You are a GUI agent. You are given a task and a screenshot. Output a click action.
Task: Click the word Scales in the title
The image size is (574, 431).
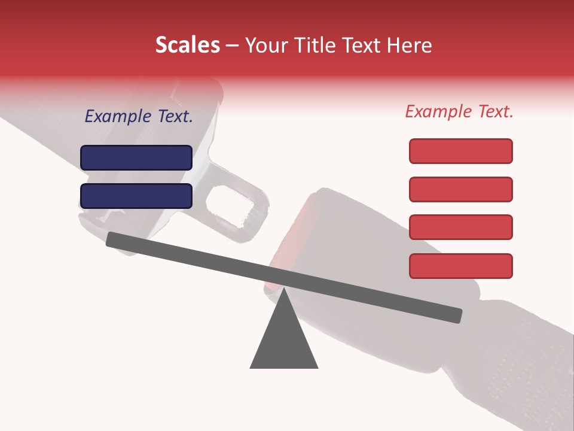187,45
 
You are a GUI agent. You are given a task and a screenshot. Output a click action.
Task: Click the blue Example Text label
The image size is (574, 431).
139,117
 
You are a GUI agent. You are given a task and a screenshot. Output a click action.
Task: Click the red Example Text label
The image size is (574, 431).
459,111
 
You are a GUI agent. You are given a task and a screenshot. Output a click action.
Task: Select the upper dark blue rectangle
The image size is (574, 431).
136,157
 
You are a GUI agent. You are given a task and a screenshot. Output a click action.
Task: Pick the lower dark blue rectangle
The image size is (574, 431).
136,196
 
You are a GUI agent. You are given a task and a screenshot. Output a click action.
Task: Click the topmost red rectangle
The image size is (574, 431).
460,151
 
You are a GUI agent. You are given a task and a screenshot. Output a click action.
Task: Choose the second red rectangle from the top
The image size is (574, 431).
460,189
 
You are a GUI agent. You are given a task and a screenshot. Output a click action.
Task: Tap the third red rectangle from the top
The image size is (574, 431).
460,227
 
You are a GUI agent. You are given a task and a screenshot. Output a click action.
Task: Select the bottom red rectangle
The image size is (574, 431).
460,266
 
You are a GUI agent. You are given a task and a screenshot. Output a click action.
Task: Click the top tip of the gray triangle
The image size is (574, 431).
285,290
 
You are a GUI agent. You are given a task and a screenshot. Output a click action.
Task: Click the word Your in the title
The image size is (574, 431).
265,45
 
